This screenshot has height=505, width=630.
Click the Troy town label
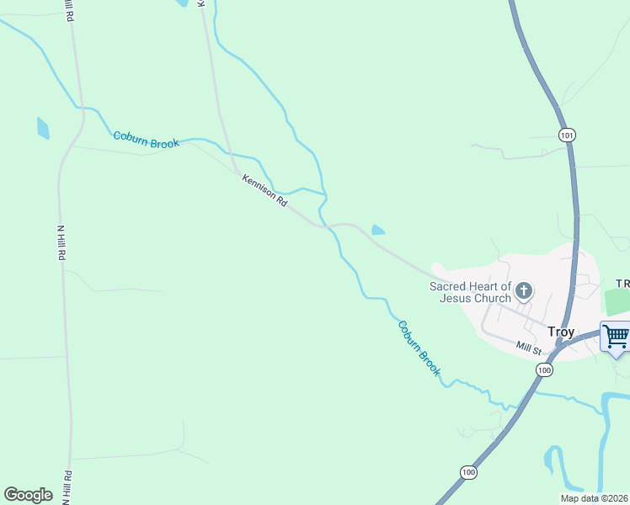point(561,332)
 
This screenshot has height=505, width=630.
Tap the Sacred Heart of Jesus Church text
point(470,292)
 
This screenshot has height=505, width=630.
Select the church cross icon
point(524,292)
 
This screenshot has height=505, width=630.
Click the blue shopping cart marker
point(616,337)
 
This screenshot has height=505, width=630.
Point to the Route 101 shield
point(567,134)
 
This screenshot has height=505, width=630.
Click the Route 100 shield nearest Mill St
point(545,369)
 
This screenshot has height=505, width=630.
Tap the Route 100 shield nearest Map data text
point(468,472)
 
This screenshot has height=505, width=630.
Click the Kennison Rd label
point(264,191)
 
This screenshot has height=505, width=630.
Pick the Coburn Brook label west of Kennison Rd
point(147,141)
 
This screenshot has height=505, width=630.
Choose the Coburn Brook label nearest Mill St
point(419,348)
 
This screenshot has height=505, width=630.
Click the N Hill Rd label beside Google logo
point(66,486)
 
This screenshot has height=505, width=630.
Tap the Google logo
point(28,495)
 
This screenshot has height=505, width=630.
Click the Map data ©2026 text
point(595,498)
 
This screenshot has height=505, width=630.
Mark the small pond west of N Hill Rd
point(43,128)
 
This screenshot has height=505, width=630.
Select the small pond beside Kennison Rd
point(378,230)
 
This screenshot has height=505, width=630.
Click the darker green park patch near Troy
point(617,300)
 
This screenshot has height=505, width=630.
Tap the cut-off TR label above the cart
point(622,284)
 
